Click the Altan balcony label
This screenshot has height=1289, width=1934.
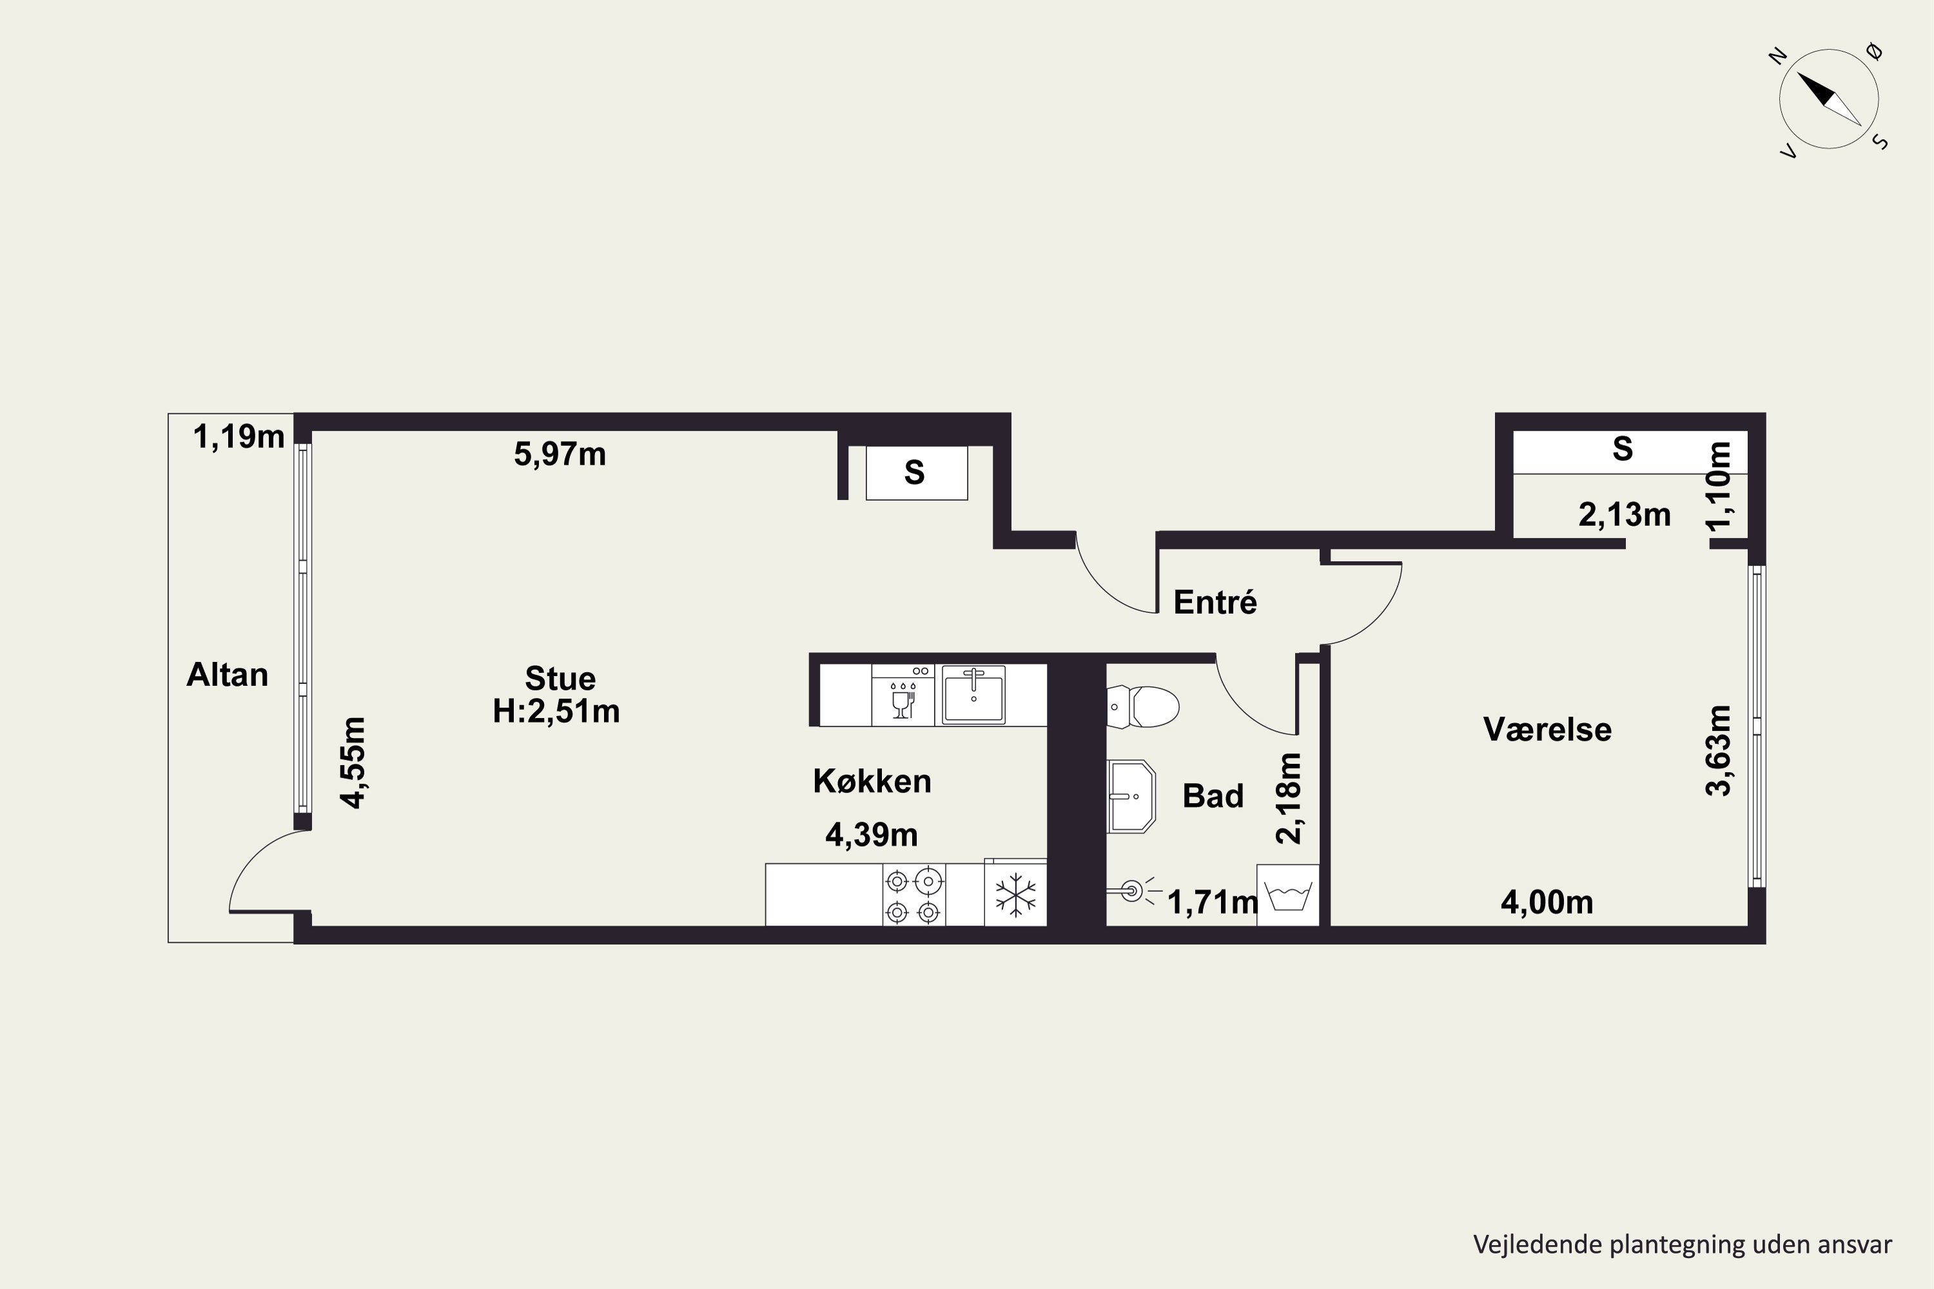(227, 675)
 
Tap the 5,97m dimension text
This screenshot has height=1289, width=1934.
(560, 454)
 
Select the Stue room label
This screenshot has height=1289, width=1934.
(560, 678)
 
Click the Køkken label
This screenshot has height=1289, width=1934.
(872, 781)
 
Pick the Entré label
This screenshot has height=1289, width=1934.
(1215, 602)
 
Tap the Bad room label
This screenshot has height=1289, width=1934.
(1213, 796)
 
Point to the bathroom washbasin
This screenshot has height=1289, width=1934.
(1131, 797)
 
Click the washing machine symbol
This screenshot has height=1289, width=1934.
(1287, 895)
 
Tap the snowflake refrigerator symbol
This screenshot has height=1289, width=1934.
(1015, 895)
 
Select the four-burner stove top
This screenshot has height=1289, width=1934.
(913, 895)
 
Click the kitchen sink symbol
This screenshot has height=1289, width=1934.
(973, 695)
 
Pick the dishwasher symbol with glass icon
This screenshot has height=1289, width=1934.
(903, 695)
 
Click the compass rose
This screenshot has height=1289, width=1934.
(1829, 99)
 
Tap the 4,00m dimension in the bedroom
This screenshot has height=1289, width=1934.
(1547, 903)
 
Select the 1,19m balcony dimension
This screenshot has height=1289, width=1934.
(239, 436)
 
